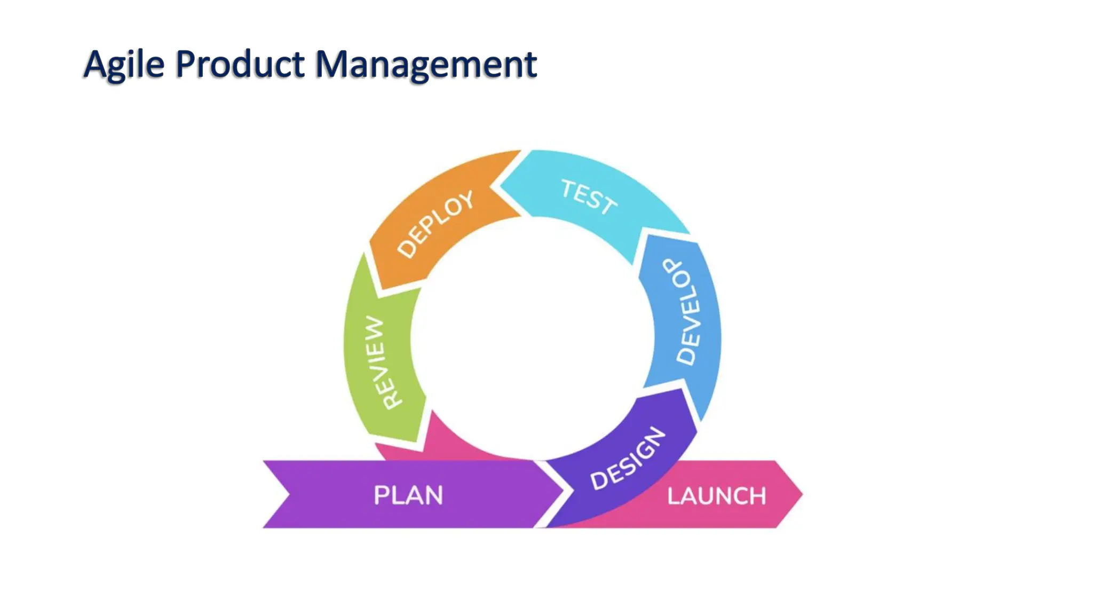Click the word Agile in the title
click(124, 65)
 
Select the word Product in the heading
click(240, 65)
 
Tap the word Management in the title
click(425, 65)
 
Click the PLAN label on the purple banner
click(408, 495)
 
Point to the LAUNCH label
click(716, 496)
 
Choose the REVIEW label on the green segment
click(383, 362)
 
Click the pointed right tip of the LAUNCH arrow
click(801, 494)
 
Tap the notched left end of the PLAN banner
click(288, 494)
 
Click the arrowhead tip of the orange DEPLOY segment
click(380, 288)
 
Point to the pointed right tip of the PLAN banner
click(563, 490)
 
